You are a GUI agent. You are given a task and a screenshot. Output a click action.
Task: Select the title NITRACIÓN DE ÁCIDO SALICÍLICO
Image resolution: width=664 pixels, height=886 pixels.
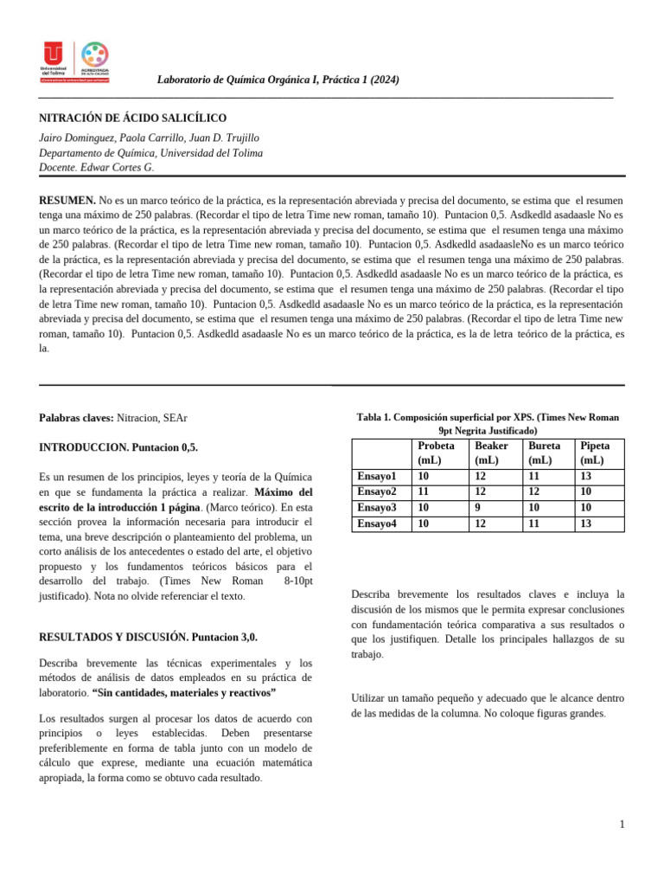pos(133,117)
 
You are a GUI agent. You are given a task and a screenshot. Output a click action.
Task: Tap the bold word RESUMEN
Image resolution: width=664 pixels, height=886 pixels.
pos(67,200)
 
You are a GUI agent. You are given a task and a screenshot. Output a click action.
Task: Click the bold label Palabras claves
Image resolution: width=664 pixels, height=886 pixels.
pos(76,418)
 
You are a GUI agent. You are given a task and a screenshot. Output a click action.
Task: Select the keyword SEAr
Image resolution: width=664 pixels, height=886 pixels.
pos(175,418)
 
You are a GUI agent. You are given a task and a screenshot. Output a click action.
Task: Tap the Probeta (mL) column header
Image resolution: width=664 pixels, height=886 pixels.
pos(436,453)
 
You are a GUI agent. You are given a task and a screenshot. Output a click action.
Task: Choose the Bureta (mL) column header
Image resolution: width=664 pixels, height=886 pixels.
pos(544,453)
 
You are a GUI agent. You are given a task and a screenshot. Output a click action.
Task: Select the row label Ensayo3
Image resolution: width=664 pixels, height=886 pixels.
pos(377,507)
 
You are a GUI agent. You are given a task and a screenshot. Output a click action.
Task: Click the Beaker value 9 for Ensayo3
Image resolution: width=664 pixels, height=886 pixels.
pos(479,507)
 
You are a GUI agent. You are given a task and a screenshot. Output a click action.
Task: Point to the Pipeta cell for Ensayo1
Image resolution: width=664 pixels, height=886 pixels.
pos(586,476)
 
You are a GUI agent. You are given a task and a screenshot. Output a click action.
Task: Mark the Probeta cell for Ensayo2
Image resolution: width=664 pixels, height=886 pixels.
pos(424,491)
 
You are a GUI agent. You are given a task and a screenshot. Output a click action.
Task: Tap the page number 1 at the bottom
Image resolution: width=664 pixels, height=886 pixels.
pos(621,825)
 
